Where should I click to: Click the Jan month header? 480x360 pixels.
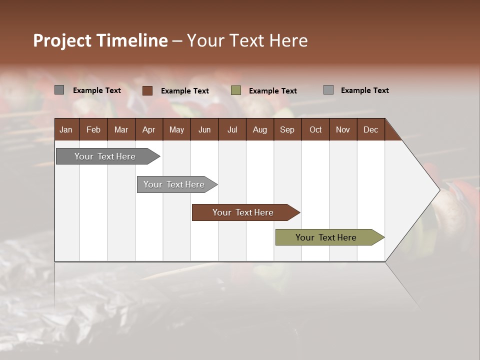click(x=66, y=129)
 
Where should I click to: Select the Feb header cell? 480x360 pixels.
click(x=93, y=129)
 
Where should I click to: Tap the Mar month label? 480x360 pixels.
click(x=121, y=129)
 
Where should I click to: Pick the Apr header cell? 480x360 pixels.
click(x=148, y=129)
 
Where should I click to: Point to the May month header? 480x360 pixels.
click(x=176, y=129)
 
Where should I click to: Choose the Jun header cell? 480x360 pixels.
click(x=204, y=129)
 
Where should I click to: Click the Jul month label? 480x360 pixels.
click(x=232, y=129)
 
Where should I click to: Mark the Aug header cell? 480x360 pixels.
click(x=259, y=129)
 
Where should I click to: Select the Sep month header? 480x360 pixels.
click(x=287, y=129)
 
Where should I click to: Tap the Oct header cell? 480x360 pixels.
click(x=315, y=129)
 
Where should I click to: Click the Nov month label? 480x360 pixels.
click(x=343, y=129)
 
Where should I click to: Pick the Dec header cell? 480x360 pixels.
click(x=370, y=129)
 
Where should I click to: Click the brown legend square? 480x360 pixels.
click(x=147, y=90)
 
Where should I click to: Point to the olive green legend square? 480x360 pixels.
click(x=236, y=90)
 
